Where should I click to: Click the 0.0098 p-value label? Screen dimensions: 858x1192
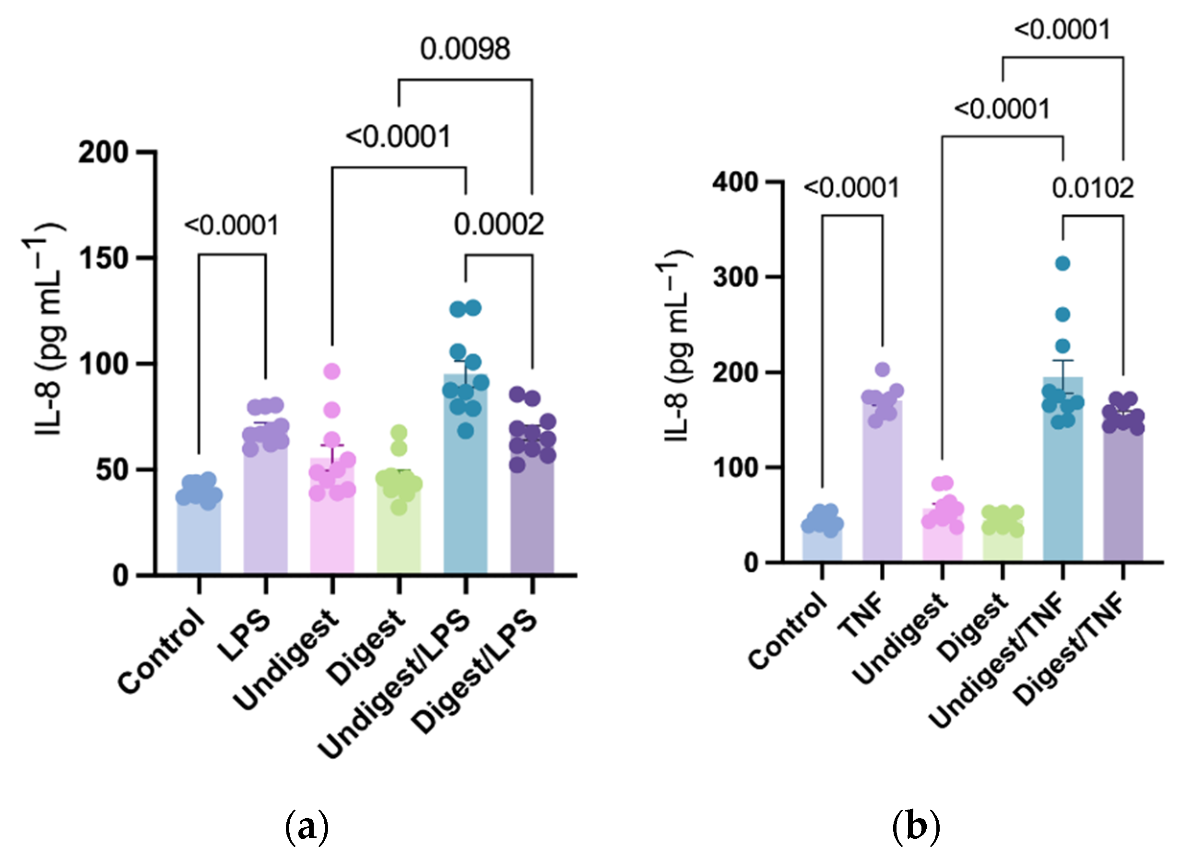pyautogui.click(x=465, y=49)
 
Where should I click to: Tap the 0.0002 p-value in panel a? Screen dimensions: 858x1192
pyautogui.click(x=498, y=225)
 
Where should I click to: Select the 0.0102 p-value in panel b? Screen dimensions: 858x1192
pyautogui.click(x=1093, y=188)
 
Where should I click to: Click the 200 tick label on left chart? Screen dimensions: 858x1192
pyautogui.click(x=104, y=153)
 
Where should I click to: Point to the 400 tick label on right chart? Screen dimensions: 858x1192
pyautogui.click(x=735, y=183)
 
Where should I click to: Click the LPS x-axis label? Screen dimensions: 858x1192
pyautogui.click(x=244, y=636)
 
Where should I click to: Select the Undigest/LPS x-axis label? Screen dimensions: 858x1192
pyautogui.click(x=394, y=683)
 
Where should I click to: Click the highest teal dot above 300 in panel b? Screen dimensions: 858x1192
pyautogui.click(x=1062, y=263)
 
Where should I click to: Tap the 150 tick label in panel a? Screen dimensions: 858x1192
pyautogui.click(x=104, y=259)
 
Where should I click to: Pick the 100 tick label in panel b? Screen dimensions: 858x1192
pyautogui.click(x=735, y=468)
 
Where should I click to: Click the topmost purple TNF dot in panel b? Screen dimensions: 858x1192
pyautogui.click(x=883, y=369)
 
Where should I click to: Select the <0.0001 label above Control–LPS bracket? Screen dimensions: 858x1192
pyautogui.click(x=231, y=226)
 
